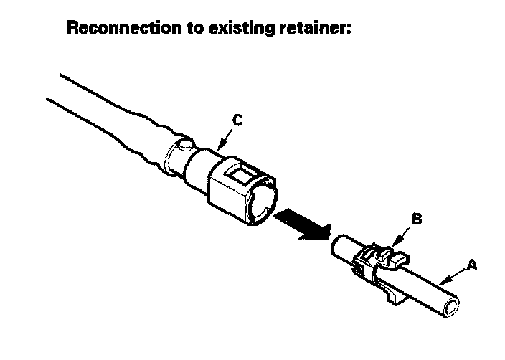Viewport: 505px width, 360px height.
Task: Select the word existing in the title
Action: click(227, 29)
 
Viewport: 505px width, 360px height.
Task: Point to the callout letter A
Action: click(471, 265)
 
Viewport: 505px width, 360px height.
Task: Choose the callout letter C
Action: click(237, 121)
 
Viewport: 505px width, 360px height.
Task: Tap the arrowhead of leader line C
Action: click(218, 148)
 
